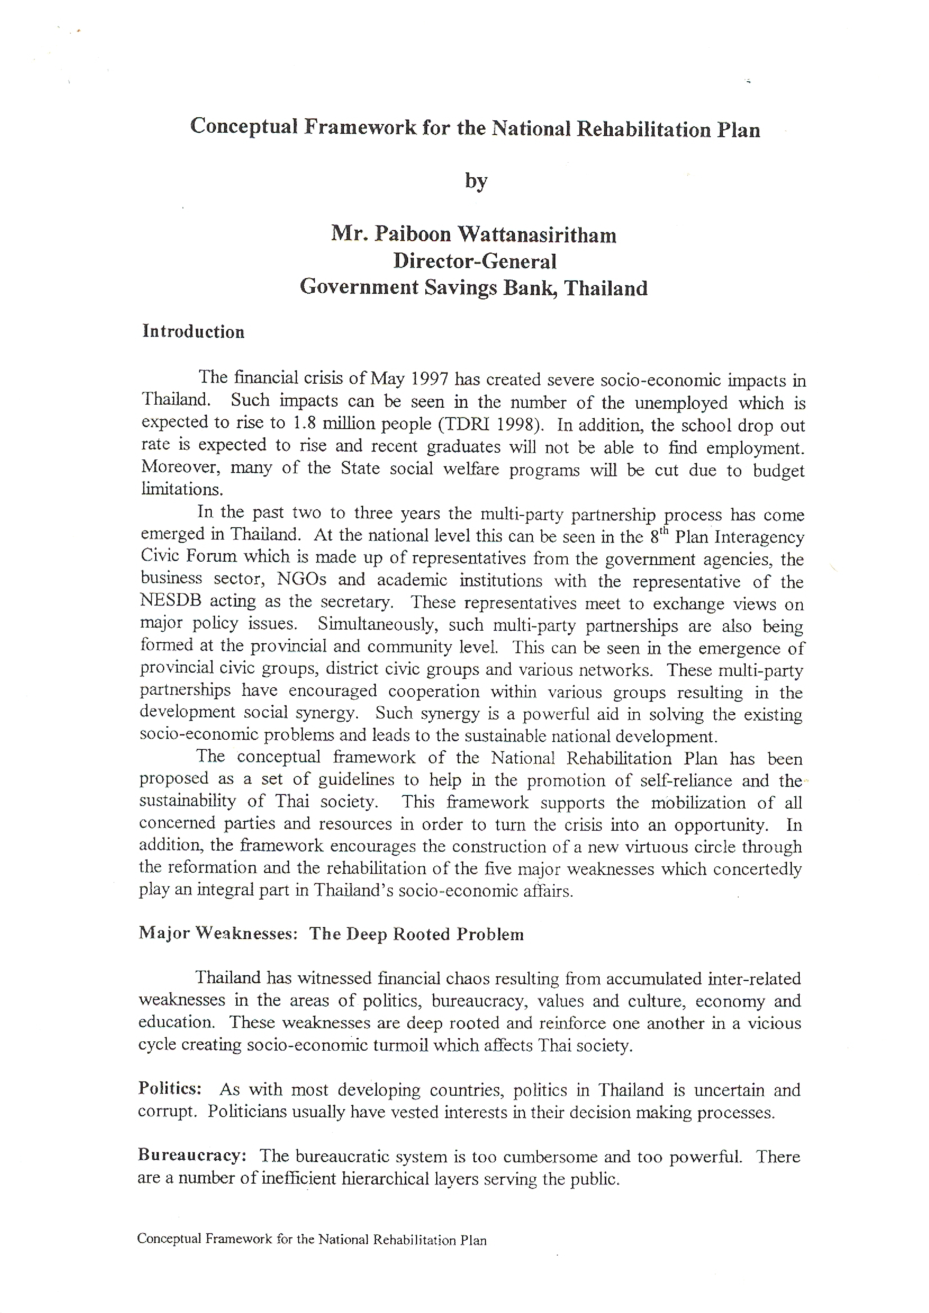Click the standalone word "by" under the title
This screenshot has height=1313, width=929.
coord(476,181)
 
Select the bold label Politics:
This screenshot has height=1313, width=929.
coord(170,1088)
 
